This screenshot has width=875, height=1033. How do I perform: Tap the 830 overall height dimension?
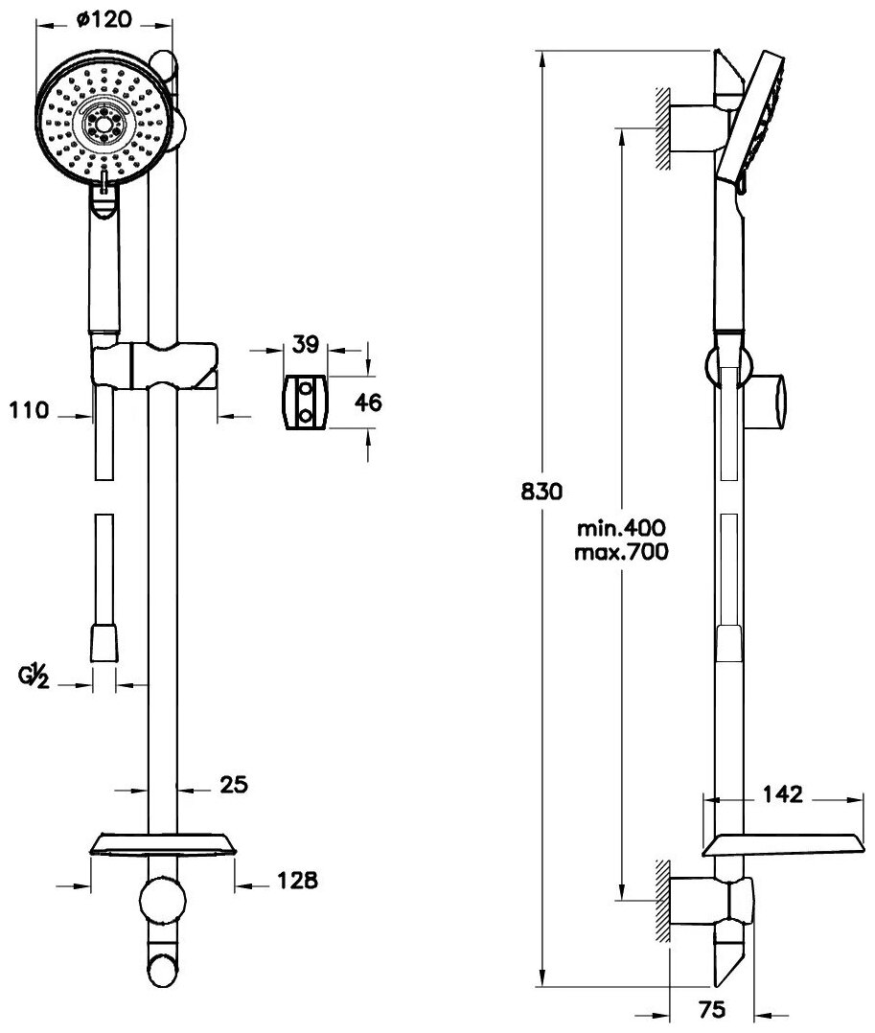click(540, 492)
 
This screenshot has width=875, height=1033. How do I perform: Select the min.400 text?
click(622, 527)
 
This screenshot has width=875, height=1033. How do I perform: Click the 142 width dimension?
click(782, 794)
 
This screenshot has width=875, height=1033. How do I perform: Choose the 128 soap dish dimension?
click(298, 879)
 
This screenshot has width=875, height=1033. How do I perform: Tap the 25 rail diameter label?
click(233, 785)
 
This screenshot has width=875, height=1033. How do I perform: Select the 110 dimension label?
click(29, 413)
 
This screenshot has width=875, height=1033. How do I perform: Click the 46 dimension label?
click(368, 402)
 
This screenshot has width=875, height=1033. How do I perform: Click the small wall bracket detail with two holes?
click(306, 402)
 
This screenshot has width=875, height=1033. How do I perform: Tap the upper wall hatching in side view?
click(662, 128)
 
